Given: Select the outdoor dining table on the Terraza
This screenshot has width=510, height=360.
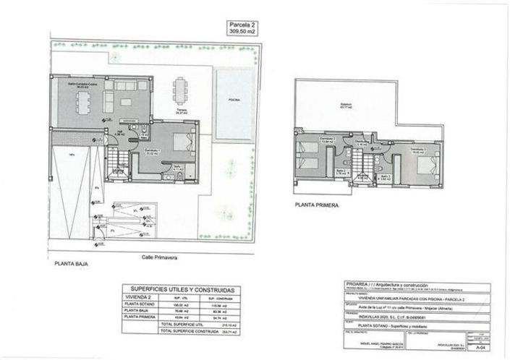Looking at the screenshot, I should (x=178, y=93).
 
